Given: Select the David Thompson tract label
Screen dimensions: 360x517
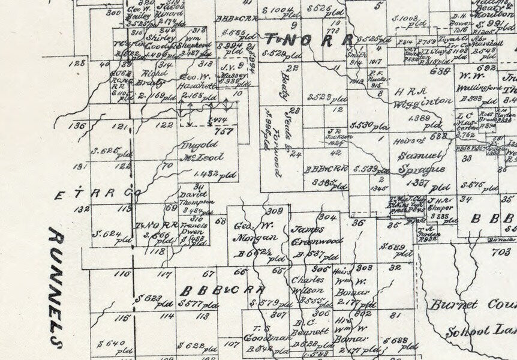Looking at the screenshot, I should point(197,198).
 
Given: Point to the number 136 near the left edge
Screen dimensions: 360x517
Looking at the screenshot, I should point(77,126).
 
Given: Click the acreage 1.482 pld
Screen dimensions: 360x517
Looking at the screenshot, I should point(212,173).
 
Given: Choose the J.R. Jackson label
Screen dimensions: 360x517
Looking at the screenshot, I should point(338,132).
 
